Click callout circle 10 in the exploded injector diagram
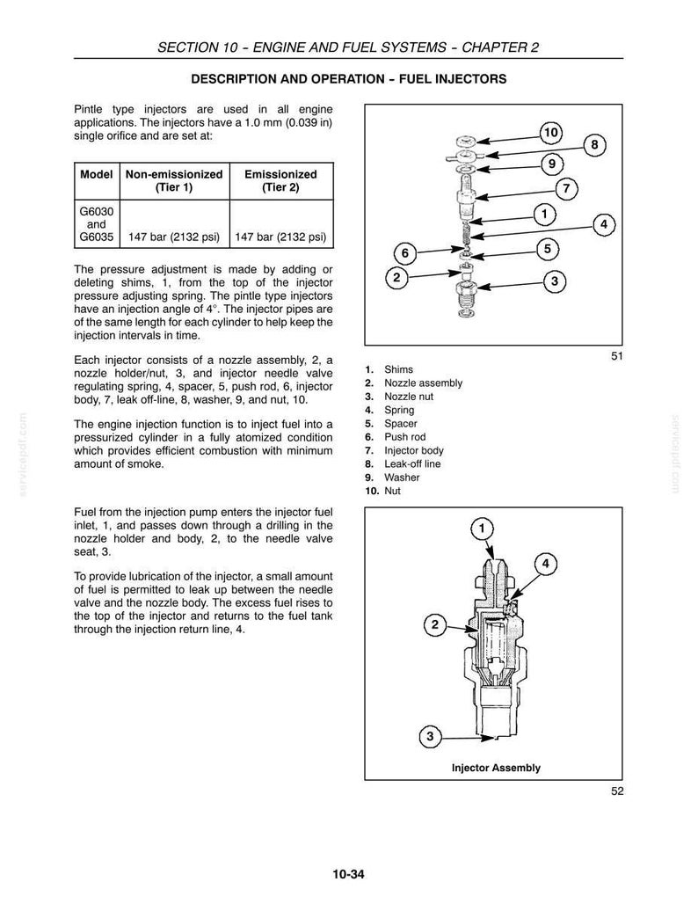click(551, 133)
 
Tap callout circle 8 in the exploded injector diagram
click(595, 144)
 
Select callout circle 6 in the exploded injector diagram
click(404, 253)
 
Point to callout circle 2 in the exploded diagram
click(396, 278)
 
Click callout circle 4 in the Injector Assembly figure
click(546, 564)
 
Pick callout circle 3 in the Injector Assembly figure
click(430, 736)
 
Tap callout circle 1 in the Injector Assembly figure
click(482, 529)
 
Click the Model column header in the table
click(96, 174)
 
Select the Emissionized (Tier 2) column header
click(280, 180)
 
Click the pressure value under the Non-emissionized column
click(174, 237)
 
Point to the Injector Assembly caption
click(496, 768)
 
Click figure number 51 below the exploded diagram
click(617, 356)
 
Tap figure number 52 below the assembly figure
click(617, 791)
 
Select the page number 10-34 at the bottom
click(348, 875)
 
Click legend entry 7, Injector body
click(404, 450)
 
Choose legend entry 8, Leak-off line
click(403, 463)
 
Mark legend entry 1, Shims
click(389, 369)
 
